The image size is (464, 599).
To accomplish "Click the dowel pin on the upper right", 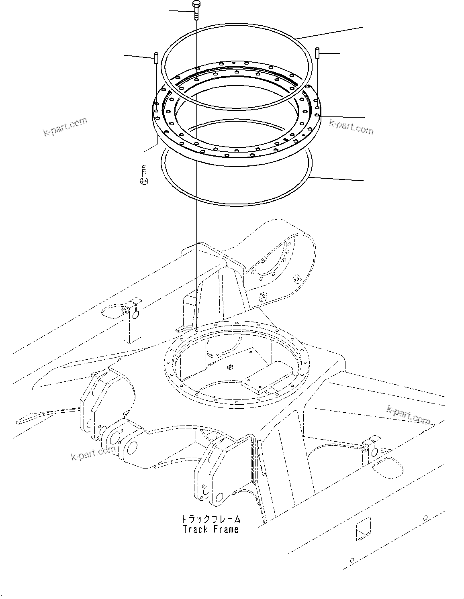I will point(317,53).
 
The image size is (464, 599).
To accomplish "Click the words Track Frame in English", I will point(211,529).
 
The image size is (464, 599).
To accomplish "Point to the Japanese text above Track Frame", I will point(211,519).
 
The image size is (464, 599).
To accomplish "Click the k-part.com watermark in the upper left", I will point(65,126).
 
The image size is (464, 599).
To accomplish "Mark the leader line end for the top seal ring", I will point(364,27).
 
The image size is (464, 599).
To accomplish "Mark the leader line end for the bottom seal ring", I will point(364,181).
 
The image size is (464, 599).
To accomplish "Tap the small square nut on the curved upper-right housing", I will point(297,278).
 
